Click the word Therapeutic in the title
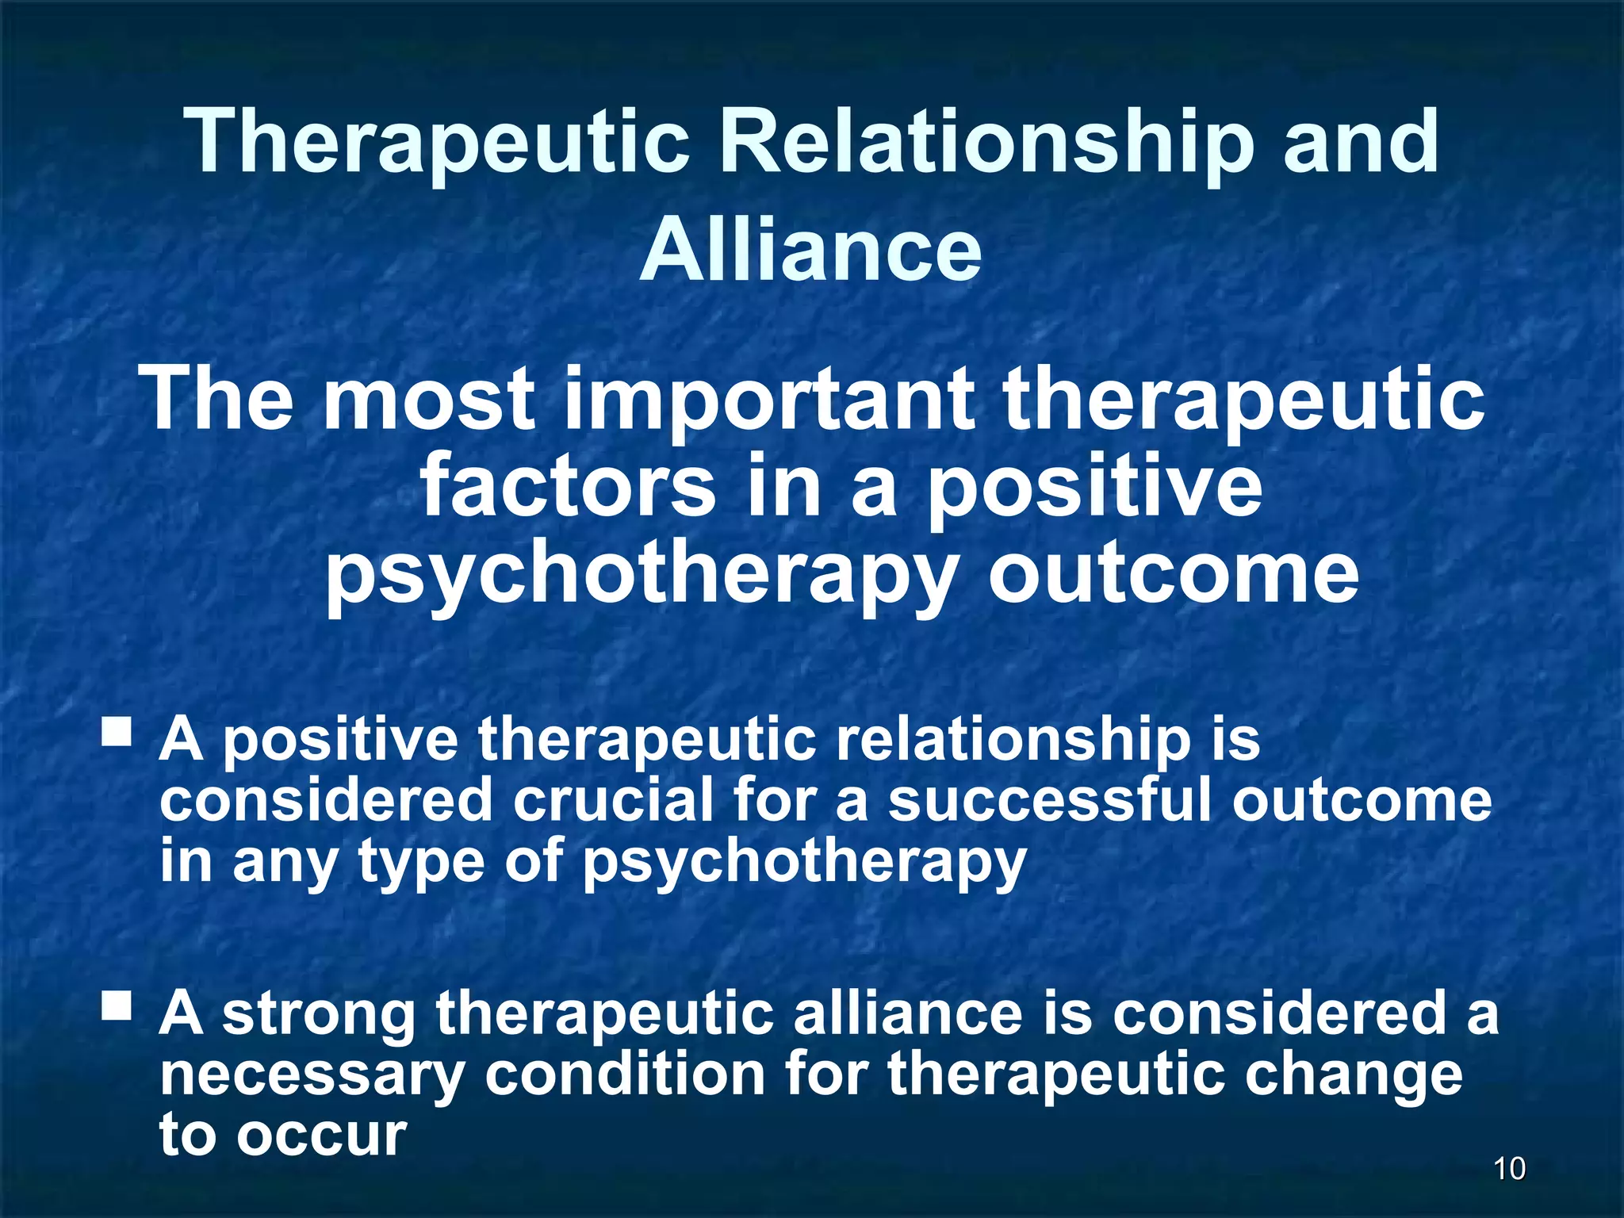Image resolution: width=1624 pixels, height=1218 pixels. point(437,143)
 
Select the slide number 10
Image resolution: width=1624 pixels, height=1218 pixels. point(1509,1169)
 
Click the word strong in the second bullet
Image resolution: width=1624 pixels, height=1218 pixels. point(318,1015)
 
